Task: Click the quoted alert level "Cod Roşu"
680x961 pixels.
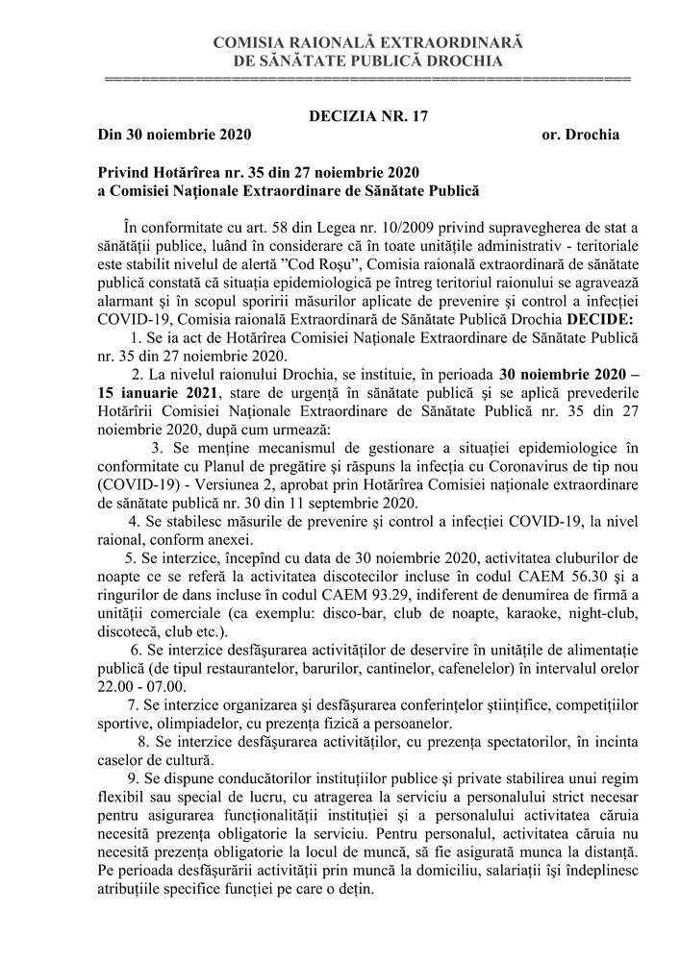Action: tap(303, 264)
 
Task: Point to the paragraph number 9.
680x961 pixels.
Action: tap(131, 776)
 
